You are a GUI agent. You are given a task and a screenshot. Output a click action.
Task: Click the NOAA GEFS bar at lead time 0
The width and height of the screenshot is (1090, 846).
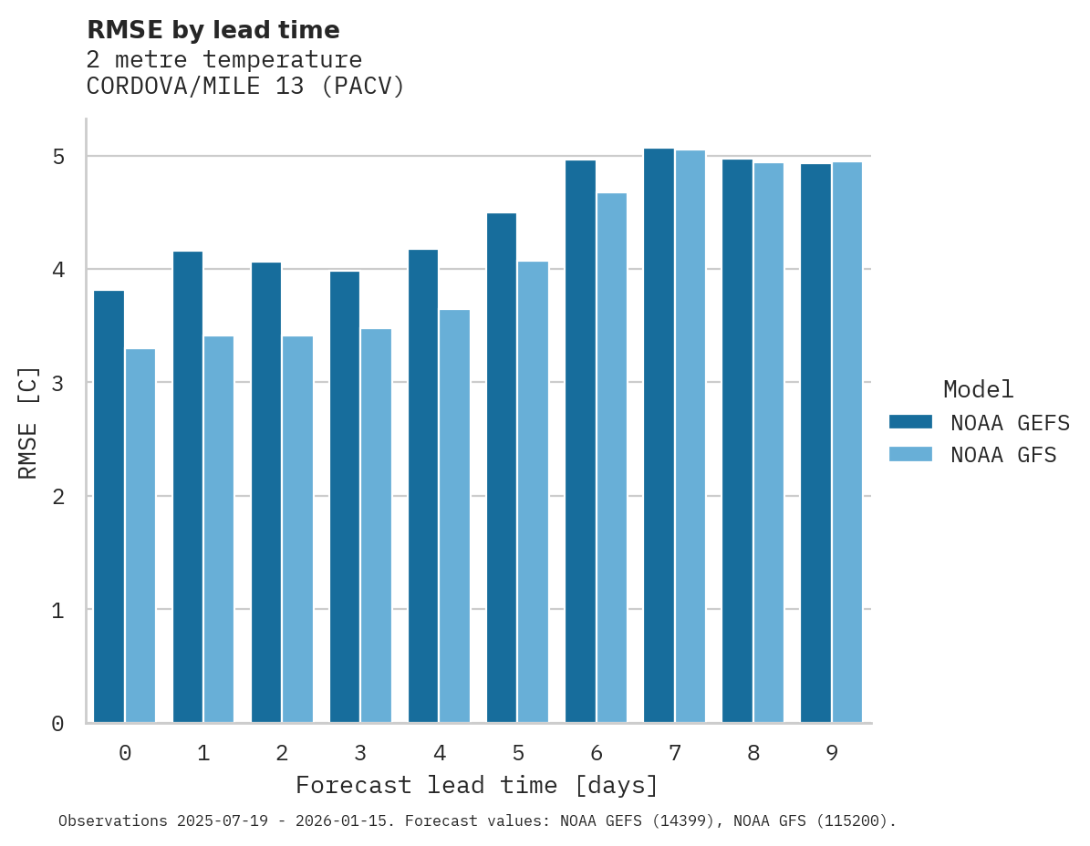pyautogui.click(x=109, y=506)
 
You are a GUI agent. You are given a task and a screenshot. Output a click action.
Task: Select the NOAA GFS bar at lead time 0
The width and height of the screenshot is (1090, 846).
pyautogui.click(x=140, y=535)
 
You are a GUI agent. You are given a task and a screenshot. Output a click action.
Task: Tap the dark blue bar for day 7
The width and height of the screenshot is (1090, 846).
pyautogui.click(x=659, y=435)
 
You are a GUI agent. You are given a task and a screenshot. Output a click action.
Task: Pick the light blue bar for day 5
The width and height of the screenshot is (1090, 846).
pyautogui.click(x=533, y=491)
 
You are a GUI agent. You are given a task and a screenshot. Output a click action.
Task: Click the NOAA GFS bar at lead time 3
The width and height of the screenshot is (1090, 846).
pyautogui.click(x=376, y=525)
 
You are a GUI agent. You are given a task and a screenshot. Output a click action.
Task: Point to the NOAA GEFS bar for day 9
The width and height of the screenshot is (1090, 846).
pyautogui.click(x=815, y=443)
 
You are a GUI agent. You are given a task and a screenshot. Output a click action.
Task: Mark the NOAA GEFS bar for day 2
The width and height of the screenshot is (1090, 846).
pyautogui.click(x=266, y=492)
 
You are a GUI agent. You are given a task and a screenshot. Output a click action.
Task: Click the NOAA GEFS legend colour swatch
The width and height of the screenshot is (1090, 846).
pyautogui.click(x=910, y=421)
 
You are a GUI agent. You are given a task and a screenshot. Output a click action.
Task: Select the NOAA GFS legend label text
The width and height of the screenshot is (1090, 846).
pyautogui.click(x=1003, y=455)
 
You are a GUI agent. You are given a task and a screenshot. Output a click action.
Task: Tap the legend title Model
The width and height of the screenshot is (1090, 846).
pyautogui.click(x=978, y=390)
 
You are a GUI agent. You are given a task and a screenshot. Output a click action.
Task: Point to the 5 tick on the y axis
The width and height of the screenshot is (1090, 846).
pyautogui.click(x=58, y=157)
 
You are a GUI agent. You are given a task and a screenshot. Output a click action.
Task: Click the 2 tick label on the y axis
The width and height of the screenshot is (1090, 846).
pyautogui.click(x=58, y=497)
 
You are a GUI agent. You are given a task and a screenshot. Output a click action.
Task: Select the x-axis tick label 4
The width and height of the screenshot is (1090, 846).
pyautogui.click(x=440, y=753)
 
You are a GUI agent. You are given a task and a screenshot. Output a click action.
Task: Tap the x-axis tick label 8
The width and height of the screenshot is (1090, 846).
pyautogui.click(x=753, y=753)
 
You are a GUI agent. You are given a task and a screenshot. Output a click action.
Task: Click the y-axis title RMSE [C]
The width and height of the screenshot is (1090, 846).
pyautogui.click(x=28, y=422)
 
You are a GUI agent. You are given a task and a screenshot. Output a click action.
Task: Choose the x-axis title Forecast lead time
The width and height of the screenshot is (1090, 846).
pyautogui.click(x=476, y=785)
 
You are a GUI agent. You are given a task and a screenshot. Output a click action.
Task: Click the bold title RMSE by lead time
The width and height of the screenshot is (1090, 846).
pyautogui.click(x=213, y=30)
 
